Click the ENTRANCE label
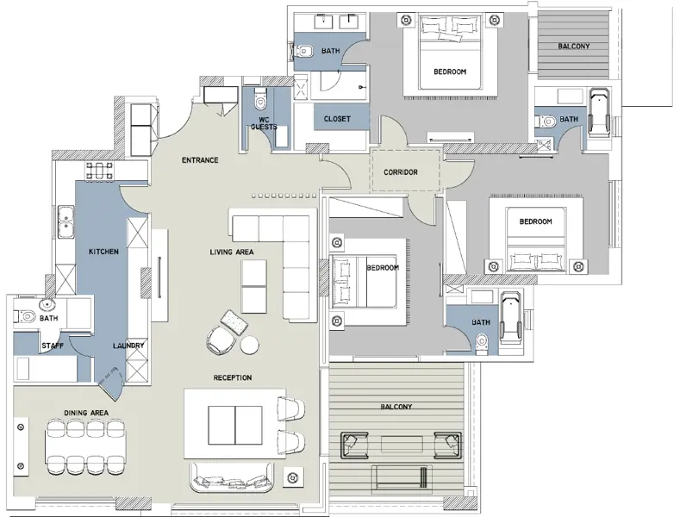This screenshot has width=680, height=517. (x=200, y=160)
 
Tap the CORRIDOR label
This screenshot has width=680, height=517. (x=400, y=172)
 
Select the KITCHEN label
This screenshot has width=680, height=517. (x=103, y=252)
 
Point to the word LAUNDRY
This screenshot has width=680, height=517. (x=128, y=346)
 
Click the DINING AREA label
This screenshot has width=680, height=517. (x=86, y=413)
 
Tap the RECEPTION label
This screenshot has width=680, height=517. (x=233, y=377)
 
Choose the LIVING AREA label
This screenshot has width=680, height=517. (x=232, y=252)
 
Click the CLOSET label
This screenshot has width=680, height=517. (x=337, y=119)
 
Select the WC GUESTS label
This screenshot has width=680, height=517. (x=264, y=123)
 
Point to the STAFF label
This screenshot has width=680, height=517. (x=53, y=346)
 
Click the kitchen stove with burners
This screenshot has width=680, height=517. (x=100, y=171)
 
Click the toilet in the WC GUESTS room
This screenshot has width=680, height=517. (x=260, y=98)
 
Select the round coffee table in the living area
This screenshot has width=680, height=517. (x=250, y=346)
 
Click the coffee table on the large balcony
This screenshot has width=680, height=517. (x=402, y=444)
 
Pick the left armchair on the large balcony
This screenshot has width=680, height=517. (x=355, y=445)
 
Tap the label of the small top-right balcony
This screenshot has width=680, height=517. (x=573, y=46)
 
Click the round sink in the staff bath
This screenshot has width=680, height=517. (x=47, y=305)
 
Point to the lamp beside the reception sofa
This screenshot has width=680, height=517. (x=293, y=478)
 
